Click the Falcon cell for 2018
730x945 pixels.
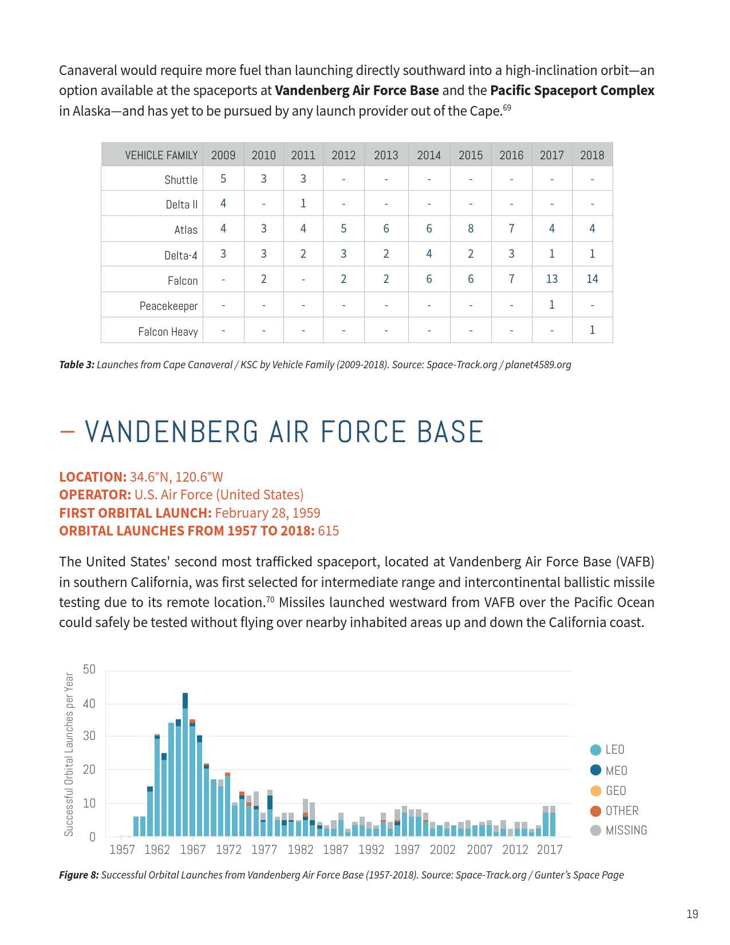pos(592,279)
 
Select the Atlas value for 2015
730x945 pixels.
pos(471,229)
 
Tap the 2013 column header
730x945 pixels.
pos(386,155)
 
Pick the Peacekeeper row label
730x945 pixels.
pos(168,306)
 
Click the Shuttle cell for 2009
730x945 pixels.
pos(223,179)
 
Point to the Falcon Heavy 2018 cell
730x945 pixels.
pos(592,330)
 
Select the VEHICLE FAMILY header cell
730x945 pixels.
pos(161,155)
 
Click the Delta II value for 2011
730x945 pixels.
pos(303,203)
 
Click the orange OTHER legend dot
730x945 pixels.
pos(595,810)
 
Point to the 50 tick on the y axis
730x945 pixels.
pos(89,670)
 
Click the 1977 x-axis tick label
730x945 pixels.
pos(264,849)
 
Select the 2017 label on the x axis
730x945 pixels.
pos(550,849)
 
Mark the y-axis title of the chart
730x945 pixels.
pos(69,754)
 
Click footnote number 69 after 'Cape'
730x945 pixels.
pos(507,107)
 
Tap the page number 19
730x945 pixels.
pos(692,914)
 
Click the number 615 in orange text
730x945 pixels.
pos(328,531)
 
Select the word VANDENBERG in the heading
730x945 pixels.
pos(172,432)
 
